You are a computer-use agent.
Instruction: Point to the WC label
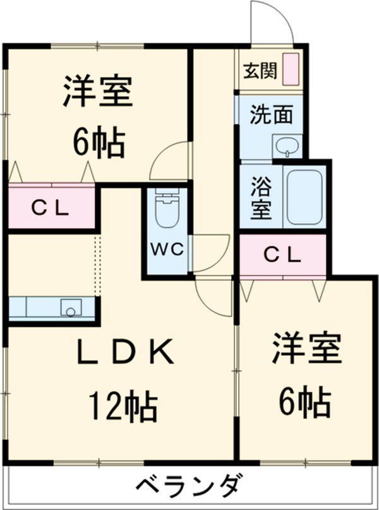pos(166,248)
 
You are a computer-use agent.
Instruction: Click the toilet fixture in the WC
pos(167,211)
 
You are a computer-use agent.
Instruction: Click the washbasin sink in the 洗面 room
pos(286,147)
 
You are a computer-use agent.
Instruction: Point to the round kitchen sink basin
pos(70,308)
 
